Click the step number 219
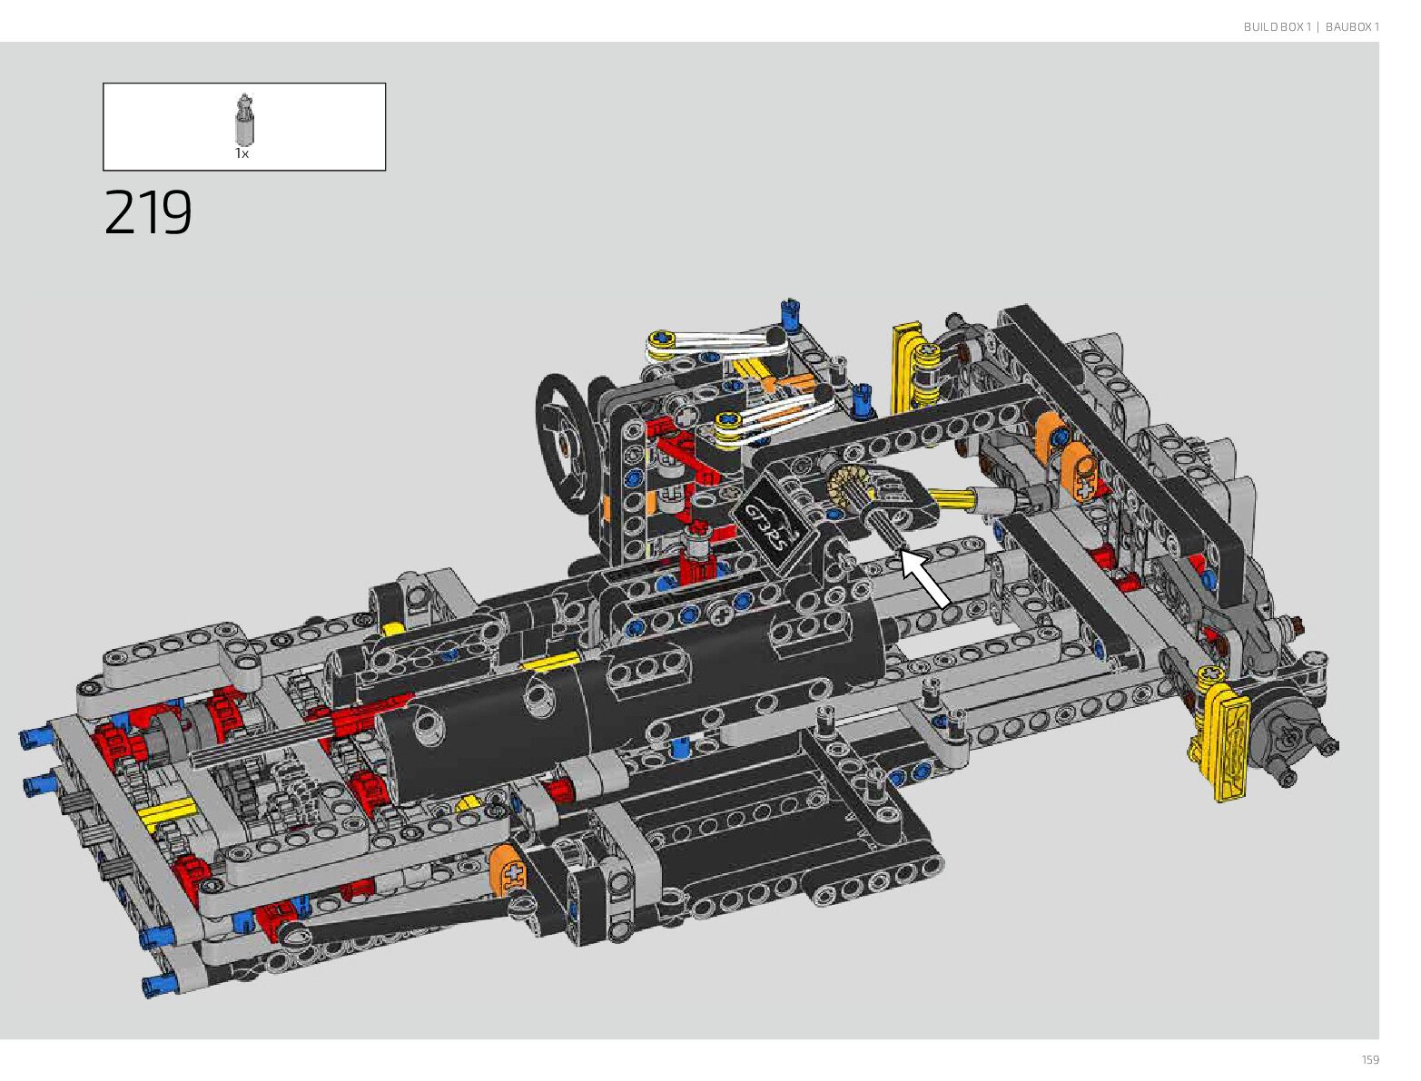(x=148, y=212)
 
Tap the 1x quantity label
(x=242, y=154)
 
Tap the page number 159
(x=1370, y=1059)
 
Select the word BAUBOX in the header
(x=1346, y=26)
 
